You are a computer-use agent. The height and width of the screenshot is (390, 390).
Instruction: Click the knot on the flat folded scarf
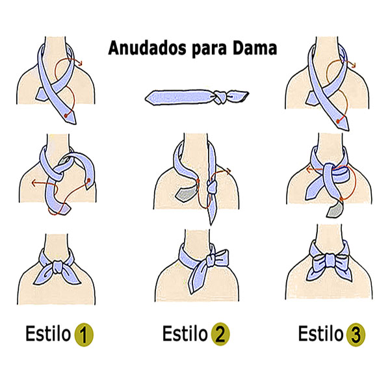[x=221, y=98]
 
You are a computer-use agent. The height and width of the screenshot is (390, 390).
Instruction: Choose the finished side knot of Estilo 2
[x=209, y=263]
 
